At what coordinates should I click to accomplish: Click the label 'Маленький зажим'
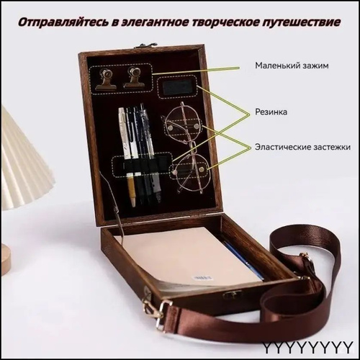pos(292,66)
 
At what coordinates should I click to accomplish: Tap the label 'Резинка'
pos(271,112)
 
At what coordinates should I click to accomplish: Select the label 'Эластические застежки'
pos(302,147)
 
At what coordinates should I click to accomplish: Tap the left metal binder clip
pos(106,78)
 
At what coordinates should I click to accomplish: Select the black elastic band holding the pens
pos(143,164)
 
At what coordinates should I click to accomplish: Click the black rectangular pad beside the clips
pos(177,87)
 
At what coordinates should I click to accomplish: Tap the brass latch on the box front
pos(233,294)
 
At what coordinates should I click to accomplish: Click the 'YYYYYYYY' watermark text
pos(307,347)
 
